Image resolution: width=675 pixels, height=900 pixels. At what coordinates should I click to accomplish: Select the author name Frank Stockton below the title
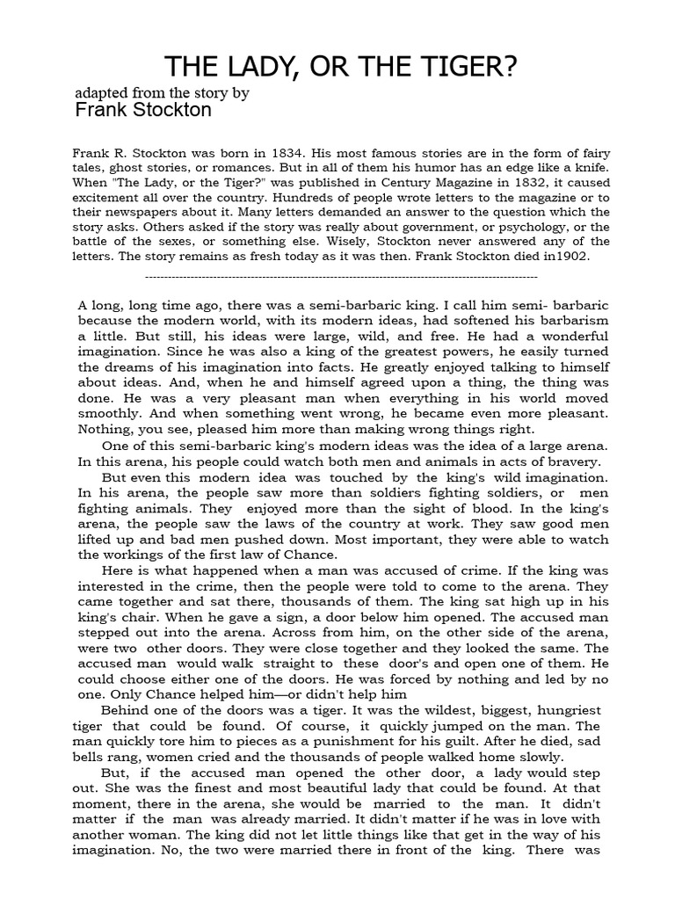click(142, 110)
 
